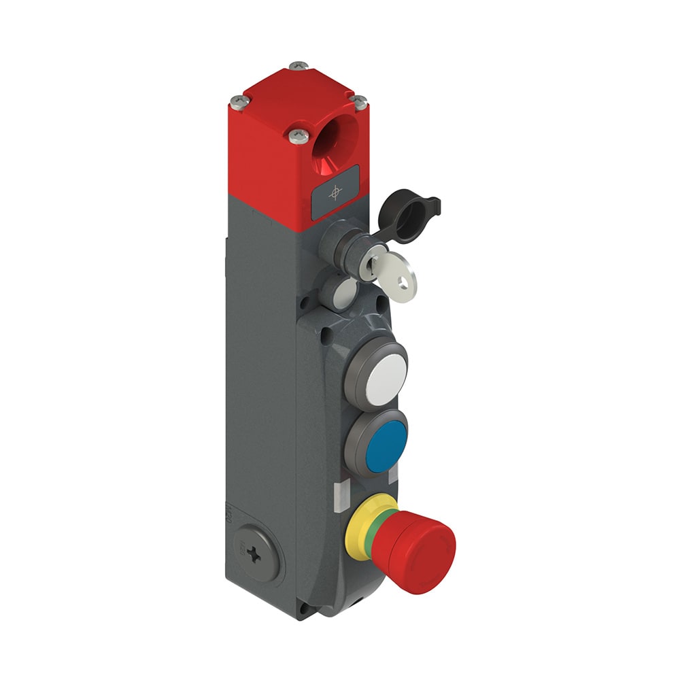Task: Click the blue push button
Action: coord(386,447)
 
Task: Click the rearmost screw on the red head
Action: coord(298,66)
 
